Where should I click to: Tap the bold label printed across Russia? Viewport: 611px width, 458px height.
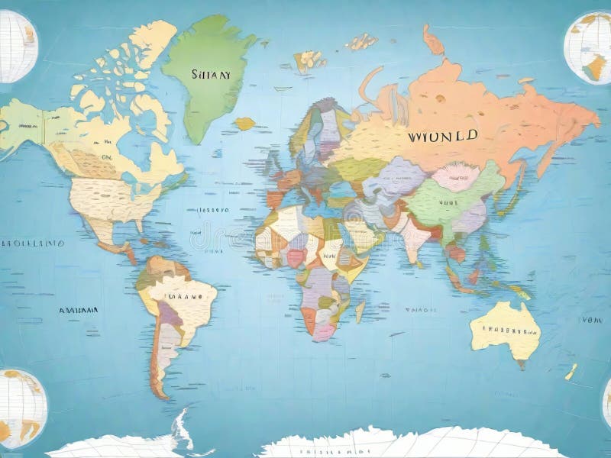(x=443, y=137)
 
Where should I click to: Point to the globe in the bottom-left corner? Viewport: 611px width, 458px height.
(x=21, y=408)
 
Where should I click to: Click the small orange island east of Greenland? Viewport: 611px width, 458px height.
(x=244, y=123)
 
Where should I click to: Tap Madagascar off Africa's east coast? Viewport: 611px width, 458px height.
(x=360, y=310)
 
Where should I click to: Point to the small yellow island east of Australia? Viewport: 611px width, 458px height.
(x=571, y=372)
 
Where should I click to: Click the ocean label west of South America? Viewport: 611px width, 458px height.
(x=78, y=311)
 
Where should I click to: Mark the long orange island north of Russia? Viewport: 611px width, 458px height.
(x=433, y=40)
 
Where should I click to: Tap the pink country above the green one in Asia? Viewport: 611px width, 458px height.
(x=456, y=178)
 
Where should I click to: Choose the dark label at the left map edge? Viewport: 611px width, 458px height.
(x=31, y=244)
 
